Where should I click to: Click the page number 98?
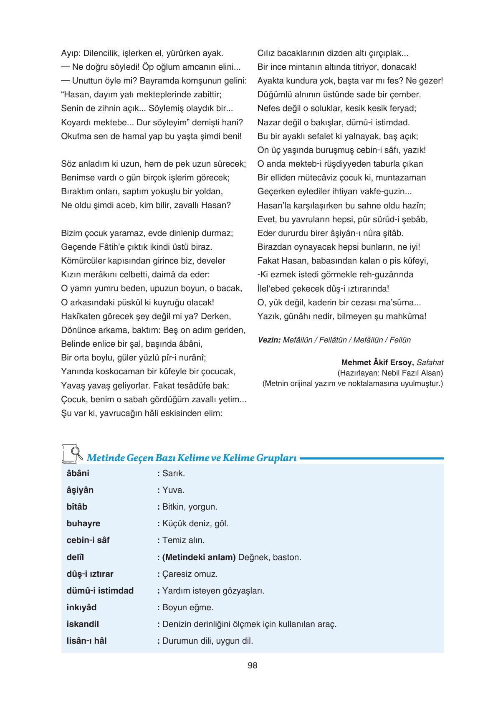click(252, 666)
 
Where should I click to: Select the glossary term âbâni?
click(78, 473)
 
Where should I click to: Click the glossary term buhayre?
click(83, 523)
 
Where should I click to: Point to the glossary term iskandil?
click(83, 624)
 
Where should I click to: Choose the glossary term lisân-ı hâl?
click(86, 641)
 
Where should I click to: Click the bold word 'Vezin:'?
click(269, 340)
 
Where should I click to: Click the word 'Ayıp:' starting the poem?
click(71, 53)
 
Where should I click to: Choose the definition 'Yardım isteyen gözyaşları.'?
click(213, 591)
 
